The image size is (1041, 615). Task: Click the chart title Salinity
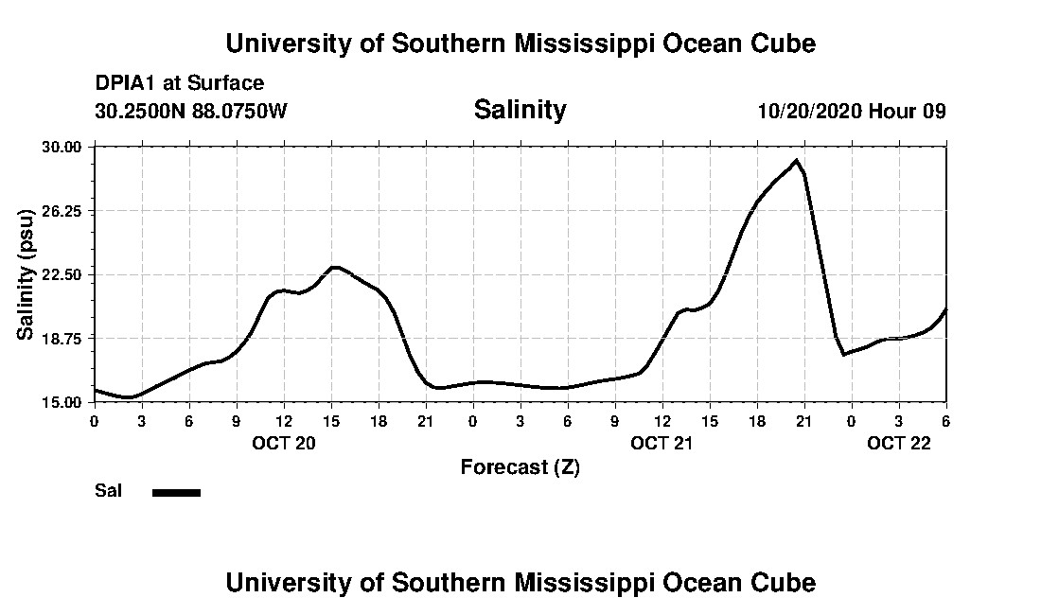(x=520, y=110)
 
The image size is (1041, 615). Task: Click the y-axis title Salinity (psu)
(x=26, y=274)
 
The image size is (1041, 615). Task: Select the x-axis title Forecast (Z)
(x=520, y=466)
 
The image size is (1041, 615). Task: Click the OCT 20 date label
(x=284, y=443)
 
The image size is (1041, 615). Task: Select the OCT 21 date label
(x=662, y=443)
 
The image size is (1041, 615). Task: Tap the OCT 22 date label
(x=899, y=443)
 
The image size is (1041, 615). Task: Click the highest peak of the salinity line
(x=797, y=161)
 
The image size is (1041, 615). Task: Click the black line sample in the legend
(x=176, y=492)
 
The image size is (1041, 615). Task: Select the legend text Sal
(x=108, y=491)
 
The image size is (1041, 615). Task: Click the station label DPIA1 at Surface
(x=180, y=84)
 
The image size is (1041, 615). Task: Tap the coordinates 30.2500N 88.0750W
(x=191, y=111)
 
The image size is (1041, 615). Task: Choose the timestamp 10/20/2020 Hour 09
(x=852, y=111)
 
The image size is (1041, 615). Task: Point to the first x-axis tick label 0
(x=95, y=420)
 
